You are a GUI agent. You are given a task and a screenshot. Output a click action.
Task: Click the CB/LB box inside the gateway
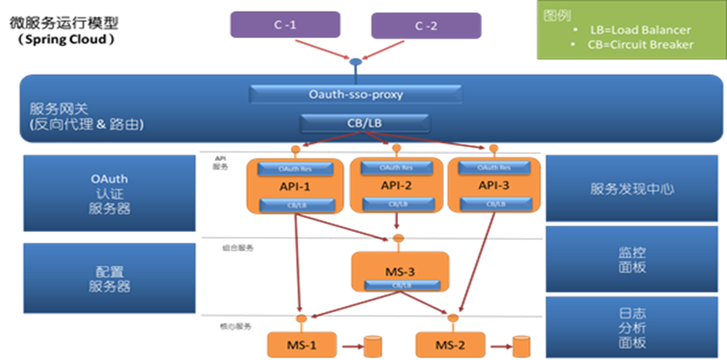pos(356,122)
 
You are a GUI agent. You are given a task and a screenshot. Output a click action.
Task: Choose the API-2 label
pos(395,186)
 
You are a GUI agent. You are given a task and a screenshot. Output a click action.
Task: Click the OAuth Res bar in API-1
pos(294,168)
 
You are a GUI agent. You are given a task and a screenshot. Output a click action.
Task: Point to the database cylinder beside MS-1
pos(373,344)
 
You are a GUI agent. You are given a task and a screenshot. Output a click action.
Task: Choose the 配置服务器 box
pos(109,276)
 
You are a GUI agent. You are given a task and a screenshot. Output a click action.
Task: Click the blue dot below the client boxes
pos(356,63)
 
